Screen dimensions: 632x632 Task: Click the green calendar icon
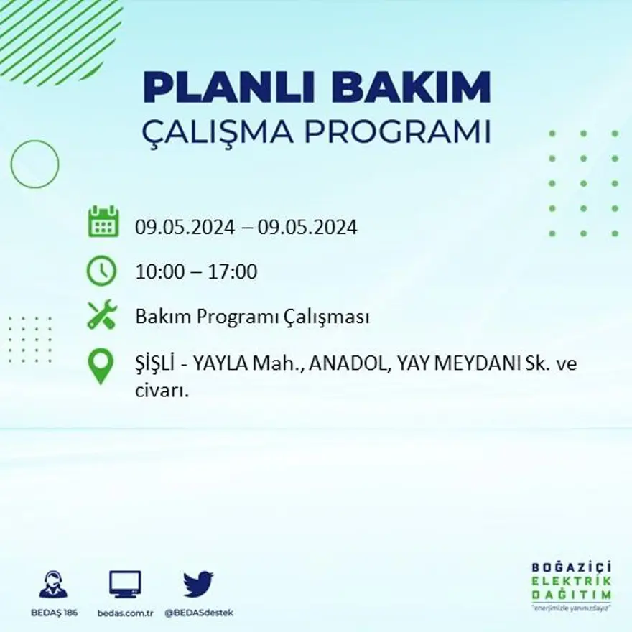(x=103, y=222)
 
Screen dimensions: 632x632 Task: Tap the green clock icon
(x=101, y=271)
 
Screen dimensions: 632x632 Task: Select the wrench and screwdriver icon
(x=102, y=315)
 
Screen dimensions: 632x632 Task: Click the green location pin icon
(x=101, y=366)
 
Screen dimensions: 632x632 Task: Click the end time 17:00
(x=232, y=272)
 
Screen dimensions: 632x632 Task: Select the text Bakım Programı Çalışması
(x=252, y=317)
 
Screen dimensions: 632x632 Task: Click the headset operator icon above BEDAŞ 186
(x=53, y=585)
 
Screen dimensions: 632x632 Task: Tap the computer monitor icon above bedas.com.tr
(x=125, y=584)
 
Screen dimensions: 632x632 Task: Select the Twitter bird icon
(x=198, y=583)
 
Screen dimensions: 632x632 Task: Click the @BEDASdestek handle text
(x=199, y=613)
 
